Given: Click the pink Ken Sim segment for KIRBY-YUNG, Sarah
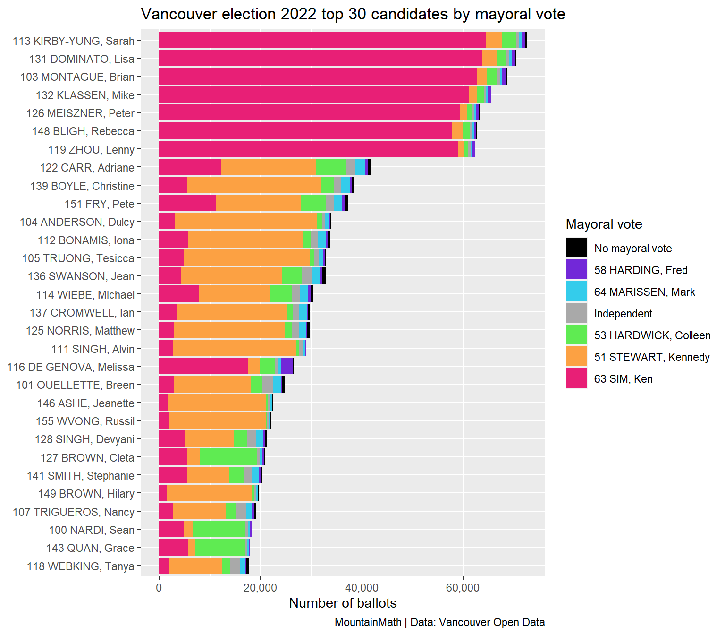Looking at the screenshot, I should click(322, 40).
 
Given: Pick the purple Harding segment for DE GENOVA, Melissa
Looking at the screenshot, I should click(287, 366).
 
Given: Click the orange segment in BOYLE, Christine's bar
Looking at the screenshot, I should click(254, 185).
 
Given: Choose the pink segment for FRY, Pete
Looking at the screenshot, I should click(187, 203).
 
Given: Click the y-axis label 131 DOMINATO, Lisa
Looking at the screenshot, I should click(82, 59).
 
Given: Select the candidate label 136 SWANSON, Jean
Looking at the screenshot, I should click(81, 276).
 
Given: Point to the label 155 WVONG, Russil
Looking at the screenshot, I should click(85, 421).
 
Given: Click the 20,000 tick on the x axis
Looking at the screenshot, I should click(260, 588).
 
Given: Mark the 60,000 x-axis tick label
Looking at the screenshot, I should click(463, 588).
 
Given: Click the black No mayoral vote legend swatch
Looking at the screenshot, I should click(576, 248).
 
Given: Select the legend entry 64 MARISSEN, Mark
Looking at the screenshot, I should click(644, 292).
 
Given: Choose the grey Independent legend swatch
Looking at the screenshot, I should click(576, 313).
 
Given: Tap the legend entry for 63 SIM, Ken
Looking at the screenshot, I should click(623, 379).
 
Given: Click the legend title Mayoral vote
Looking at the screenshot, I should click(604, 224).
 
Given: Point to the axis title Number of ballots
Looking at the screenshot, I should click(343, 603).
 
